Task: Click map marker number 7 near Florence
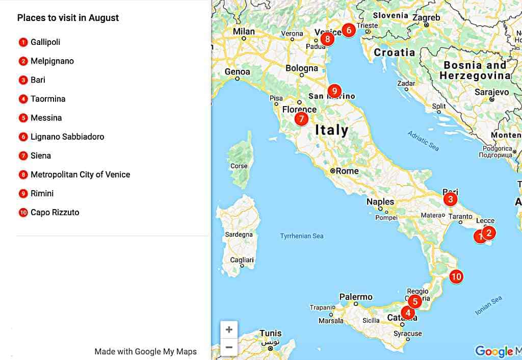(x=301, y=119)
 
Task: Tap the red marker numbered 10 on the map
(x=456, y=277)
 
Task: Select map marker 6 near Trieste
(x=349, y=30)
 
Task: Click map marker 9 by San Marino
(x=334, y=91)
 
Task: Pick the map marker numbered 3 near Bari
(x=450, y=199)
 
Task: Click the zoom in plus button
(x=229, y=330)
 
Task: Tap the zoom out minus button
(x=229, y=348)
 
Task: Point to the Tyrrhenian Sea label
(x=302, y=236)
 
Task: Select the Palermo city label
(x=356, y=297)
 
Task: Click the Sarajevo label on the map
(x=492, y=92)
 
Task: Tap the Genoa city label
(x=238, y=72)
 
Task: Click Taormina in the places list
(x=48, y=99)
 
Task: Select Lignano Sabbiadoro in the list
(x=67, y=137)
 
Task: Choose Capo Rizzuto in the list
(x=55, y=213)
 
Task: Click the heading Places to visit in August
(x=68, y=18)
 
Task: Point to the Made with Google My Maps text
(x=145, y=351)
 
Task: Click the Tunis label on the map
(x=270, y=333)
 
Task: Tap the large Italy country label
(x=332, y=130)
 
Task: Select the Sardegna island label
(x=239, y=235)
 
